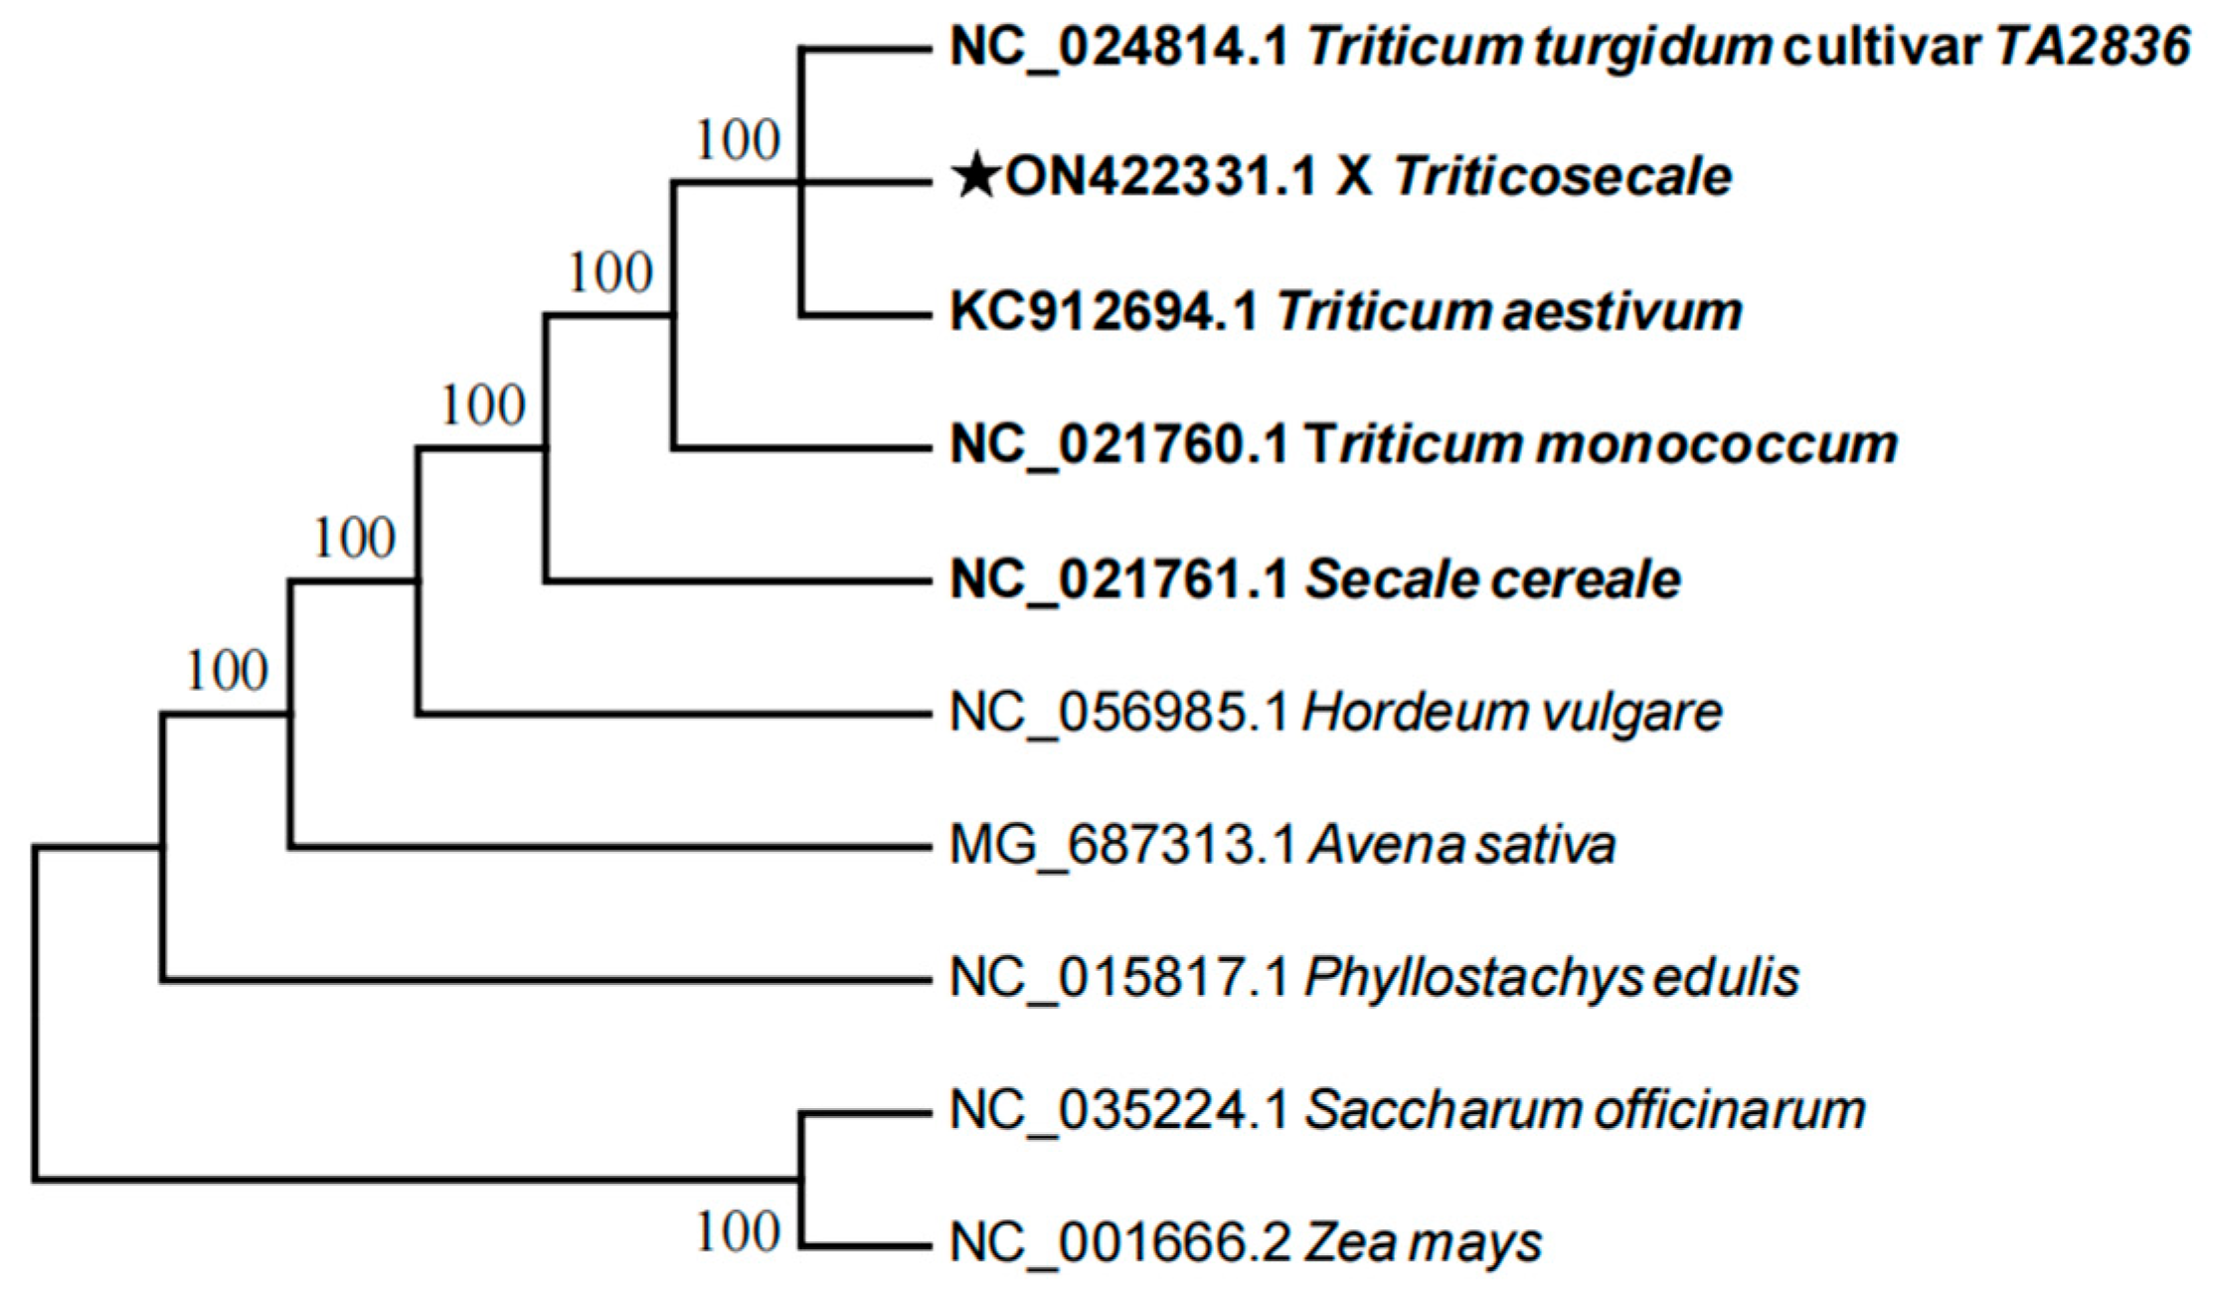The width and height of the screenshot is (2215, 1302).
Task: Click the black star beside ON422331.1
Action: click(x=976, y=178)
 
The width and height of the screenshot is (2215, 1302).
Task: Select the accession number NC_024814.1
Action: click(x=1119, y=47)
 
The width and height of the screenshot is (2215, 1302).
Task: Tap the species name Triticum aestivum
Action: click(x=1509, y=311)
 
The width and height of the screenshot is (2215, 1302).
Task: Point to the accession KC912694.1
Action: click(x=1105, y=311)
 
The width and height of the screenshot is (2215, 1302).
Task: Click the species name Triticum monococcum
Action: click(x=1601, y=444)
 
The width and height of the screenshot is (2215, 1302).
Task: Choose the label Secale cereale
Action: click(x=1492, y=579)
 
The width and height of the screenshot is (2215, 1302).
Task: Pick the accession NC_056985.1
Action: click(x=1119, y=713)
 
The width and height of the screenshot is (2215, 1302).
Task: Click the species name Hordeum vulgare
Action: click(x=1512, y=713)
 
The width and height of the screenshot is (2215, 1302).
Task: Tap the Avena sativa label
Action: click(x=1461, y=846)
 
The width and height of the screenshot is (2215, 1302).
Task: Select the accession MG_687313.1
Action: click(x=1122, y=846)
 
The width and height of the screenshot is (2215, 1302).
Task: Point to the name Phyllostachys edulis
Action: click(x=1551, y=978)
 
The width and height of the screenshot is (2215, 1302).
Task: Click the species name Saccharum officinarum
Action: click(x=1585, y=1110)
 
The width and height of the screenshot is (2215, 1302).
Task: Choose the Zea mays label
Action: click(x=1423, y=1243)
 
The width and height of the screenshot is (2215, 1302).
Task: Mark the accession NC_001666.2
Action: click(x=1120, y=1243)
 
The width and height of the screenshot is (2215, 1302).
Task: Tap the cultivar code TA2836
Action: click(x=2094, y=47)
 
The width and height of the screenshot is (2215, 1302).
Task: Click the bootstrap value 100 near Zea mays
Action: click(x=737, y=1232)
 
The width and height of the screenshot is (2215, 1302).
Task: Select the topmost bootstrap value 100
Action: click(x=737, y=140)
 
